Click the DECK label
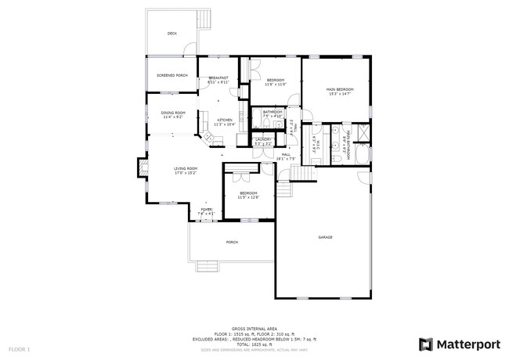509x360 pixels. pyautogui.click(x=172, y=34)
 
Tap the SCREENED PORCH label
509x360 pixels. pyautogui.click(x=171, y=75)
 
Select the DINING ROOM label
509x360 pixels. pyautogui.click(x=173, y=113)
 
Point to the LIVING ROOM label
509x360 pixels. pyautogui.click(x=186, y=168)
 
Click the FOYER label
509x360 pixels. pyautogui.click(x=207, y=210)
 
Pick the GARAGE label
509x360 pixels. pyautogui.click(x=326, y=237)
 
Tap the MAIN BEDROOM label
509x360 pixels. pyautogui.click(x=340, y=90)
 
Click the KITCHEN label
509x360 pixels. pyautogui.click(x=225, y=120)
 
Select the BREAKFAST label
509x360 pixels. pyautogui.click(x=218, y=77)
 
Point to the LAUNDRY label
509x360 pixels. pyautogui.click(x=263, y=139)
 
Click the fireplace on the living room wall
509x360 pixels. pyautogui.click(x=143, y=167)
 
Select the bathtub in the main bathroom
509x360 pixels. pyautogui.click(x=361, y=156)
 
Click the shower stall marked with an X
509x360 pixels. pyautogui.click(x=362, y=131)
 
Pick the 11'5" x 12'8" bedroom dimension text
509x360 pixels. pyautogui.click(x=248, y=197)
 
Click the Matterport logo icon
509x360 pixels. pyautogui.click(x=426, y=344)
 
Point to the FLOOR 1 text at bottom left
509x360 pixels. pyautogui.click(x=19, y=348)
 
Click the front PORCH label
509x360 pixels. pyautogui.click(x=232, y=243)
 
